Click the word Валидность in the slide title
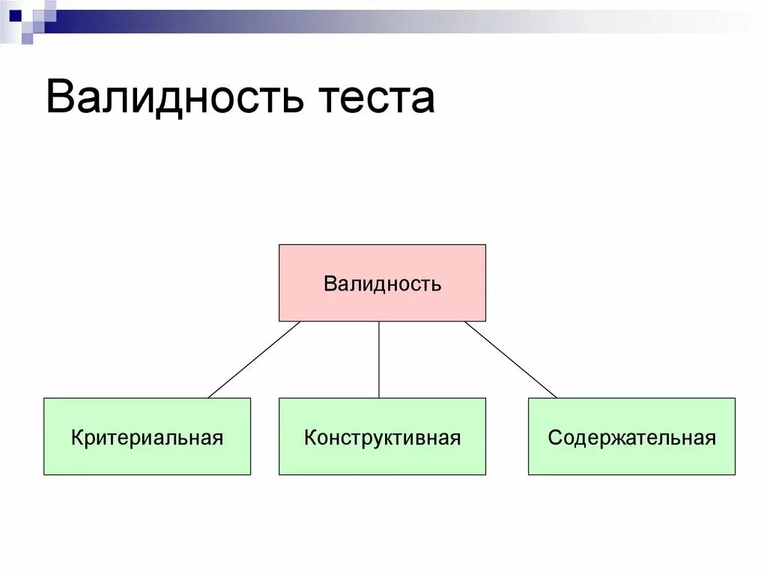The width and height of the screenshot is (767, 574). [174, 98]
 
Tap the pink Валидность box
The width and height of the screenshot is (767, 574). [382, 283]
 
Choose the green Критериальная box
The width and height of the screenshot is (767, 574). [147, 436]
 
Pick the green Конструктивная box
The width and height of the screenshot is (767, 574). [382, 436]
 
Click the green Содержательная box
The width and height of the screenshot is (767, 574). [631, 436]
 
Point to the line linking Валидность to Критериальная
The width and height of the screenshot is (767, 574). [255, 359]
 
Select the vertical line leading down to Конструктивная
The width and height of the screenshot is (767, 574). [379, 359]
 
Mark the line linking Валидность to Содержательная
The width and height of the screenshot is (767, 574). [511, 359]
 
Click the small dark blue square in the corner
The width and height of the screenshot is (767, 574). [15, 14]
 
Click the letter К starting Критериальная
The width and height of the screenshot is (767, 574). [77, 437]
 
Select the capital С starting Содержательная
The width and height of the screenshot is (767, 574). [554, 437]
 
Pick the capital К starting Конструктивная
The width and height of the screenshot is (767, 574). [310, 437]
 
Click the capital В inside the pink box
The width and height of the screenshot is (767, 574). [330, 284]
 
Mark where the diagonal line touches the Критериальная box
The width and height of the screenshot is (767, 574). [209, 397]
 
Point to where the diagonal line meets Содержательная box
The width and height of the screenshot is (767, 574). [557, 397]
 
